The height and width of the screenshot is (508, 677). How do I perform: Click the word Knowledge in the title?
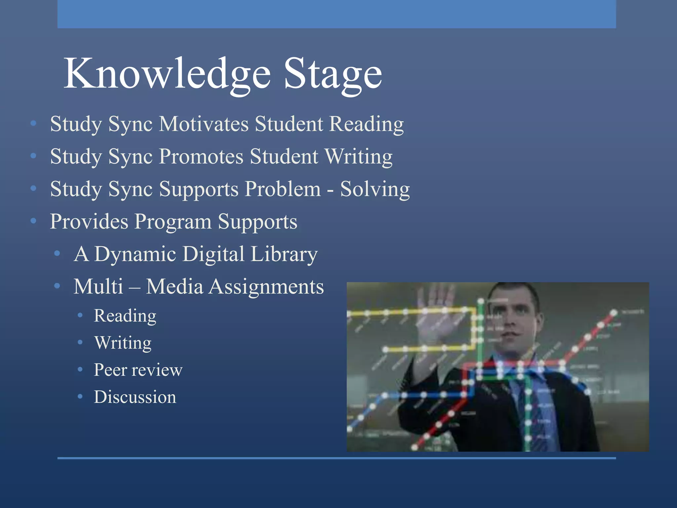167,73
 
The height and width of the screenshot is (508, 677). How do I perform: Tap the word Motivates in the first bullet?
204,124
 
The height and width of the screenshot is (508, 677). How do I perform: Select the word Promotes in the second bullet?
201,156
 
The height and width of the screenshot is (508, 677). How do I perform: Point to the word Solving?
375,189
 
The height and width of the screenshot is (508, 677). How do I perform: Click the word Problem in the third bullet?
283,189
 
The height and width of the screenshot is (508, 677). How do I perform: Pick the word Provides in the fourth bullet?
89,221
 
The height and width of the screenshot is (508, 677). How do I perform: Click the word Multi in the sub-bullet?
98,287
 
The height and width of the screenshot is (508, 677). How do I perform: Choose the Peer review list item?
138,370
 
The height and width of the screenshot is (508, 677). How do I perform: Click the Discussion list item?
135,397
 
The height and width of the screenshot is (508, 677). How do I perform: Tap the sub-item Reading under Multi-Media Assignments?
125,316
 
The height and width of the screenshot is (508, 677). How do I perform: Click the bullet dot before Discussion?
80,397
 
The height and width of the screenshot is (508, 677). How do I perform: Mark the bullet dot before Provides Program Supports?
33,221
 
